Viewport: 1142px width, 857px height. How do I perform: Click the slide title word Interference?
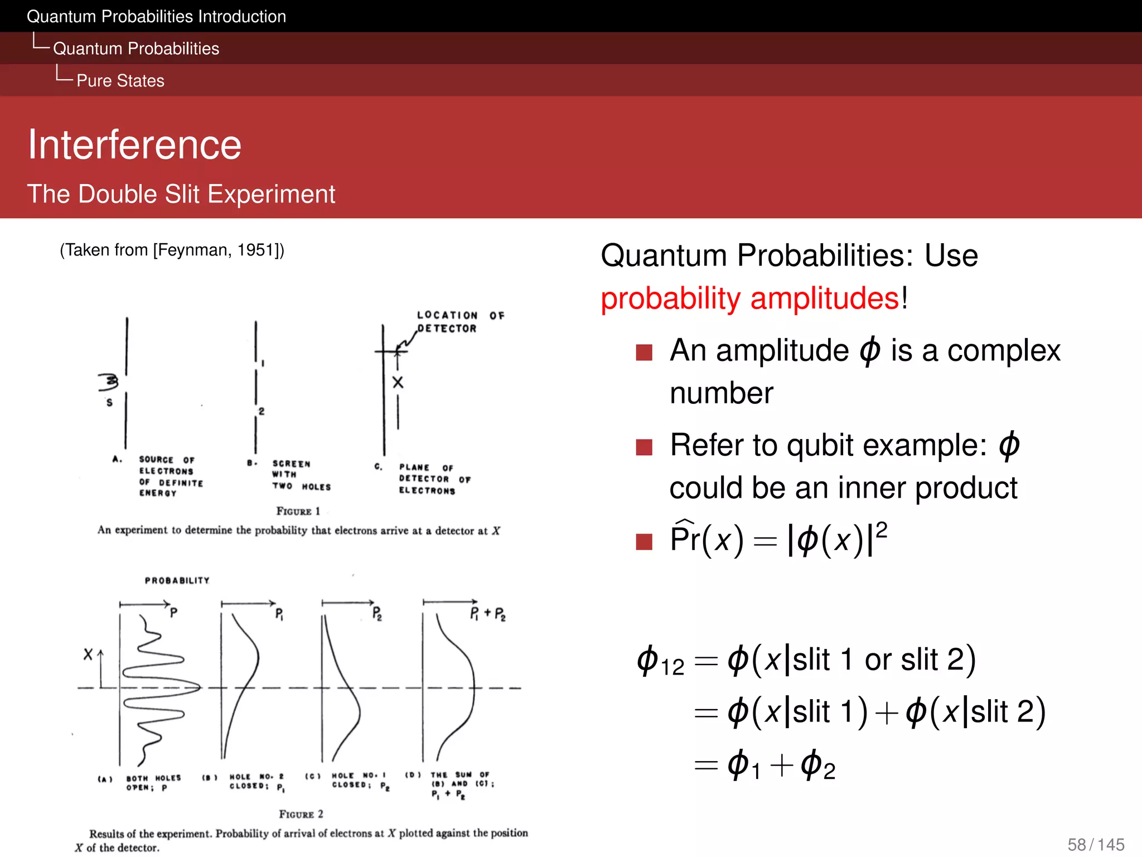pos(134,145)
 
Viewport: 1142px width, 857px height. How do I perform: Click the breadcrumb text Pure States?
pos(120,81)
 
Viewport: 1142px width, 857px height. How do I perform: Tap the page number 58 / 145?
pos(1096,844)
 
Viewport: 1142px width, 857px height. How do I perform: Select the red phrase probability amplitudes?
pos(750,298)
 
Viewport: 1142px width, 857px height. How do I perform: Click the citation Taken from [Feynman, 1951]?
pos(172,250)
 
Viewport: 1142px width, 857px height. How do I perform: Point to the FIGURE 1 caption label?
pos(298,511)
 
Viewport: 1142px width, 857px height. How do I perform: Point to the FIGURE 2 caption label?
pos(301,814)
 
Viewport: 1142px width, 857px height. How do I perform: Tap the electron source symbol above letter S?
pos(109,382)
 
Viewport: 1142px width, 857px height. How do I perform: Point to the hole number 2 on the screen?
pos(262,411)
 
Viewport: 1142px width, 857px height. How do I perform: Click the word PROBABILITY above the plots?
pos(177,581)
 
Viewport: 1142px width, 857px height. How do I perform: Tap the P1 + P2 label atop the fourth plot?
pos(487,614)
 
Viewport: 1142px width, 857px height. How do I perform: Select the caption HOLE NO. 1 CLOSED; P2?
pos(359,780)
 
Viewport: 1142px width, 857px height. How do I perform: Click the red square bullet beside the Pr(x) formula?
pos(644,541)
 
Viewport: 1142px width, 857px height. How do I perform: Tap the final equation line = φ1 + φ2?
pos(764,765)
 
